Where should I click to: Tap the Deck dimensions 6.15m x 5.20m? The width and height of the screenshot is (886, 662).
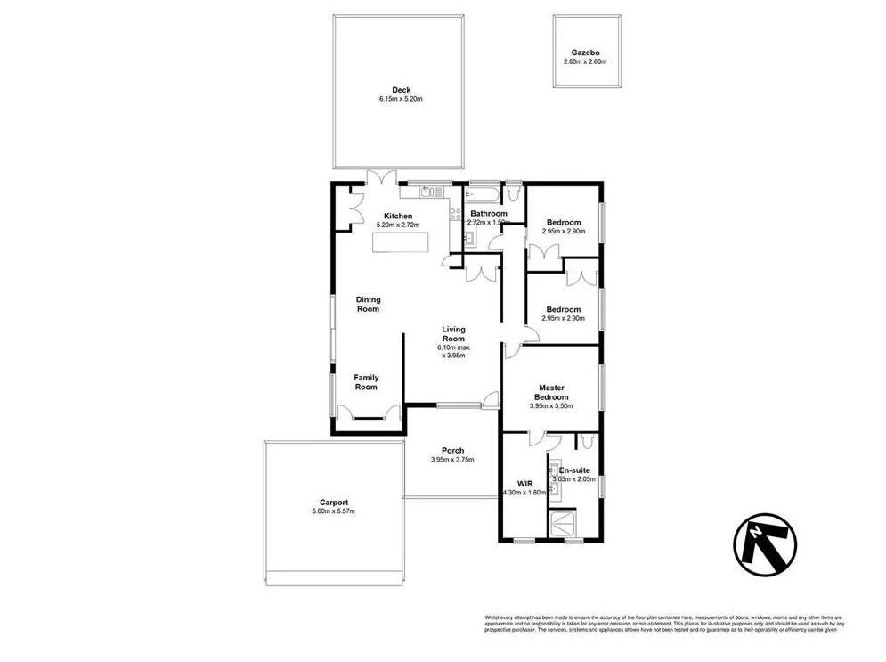click(x=400, y=99)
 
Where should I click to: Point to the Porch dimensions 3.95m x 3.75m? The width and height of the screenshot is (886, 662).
click(x=452, y=460)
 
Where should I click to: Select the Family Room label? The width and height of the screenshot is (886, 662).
click(x=366, y=382)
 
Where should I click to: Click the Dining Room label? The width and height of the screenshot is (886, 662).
click(x=368, y=304)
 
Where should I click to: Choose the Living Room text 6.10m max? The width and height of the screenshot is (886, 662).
click(x=454, y=347)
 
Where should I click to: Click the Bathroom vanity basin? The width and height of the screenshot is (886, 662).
click(x=469, y=238)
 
